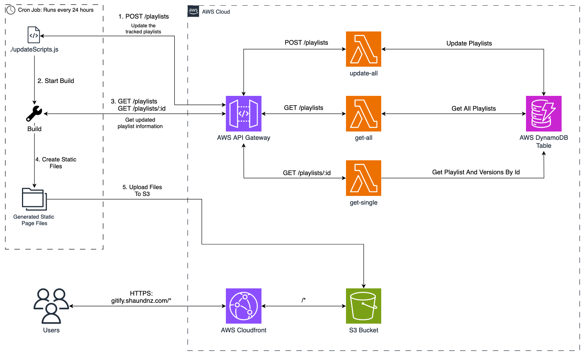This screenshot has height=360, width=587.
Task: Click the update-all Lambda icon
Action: pyautogui.click(x=363, y=49)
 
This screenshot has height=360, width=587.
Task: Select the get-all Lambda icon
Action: pyautogui.click(x=363, y=113)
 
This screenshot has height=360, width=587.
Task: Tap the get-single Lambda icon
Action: pyautogui.click(x=363, y=178)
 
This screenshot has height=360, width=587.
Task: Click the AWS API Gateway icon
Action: pyautogui.click(x=243, y=113)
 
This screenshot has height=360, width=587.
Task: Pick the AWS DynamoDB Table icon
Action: pyautogui.click(x=543, y=113)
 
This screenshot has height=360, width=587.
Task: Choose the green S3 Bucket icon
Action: pyautogui.click(x=363, y=306)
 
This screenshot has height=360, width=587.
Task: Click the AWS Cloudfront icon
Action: pyautogui.click(x=243, y=306)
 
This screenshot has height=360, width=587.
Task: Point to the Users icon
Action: pyautogui.click(x=51, y=305)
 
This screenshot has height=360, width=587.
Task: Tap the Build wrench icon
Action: pyautogui.click(x=34, y=113)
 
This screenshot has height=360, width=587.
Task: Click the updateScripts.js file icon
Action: pyautogui.click(x=34, y=35)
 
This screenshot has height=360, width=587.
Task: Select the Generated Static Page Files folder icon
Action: pyautogui.click(x=34, y=199)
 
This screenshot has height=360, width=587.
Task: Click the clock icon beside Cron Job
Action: pyautogui.click(x=11, y=10)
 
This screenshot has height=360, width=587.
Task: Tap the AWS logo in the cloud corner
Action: pyautogui.click(x=193, y=11)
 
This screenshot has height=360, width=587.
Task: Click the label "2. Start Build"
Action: pyautogui.click(x=56, y=81)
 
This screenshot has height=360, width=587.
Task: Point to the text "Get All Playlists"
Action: pyautogui.click(x=473, y=108)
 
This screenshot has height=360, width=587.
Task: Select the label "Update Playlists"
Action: pyautogui.click(x=469, y=43)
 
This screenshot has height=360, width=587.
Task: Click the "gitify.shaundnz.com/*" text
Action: pyautogui.click(x=141, y=301)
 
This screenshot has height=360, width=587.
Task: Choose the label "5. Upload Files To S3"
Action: pyautogui.click(x=142, y=190)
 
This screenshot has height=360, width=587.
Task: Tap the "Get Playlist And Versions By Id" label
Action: pyautogui.click(x=476, y=172)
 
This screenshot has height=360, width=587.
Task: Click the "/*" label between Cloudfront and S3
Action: pyautogui.click(x=304, y=300)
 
